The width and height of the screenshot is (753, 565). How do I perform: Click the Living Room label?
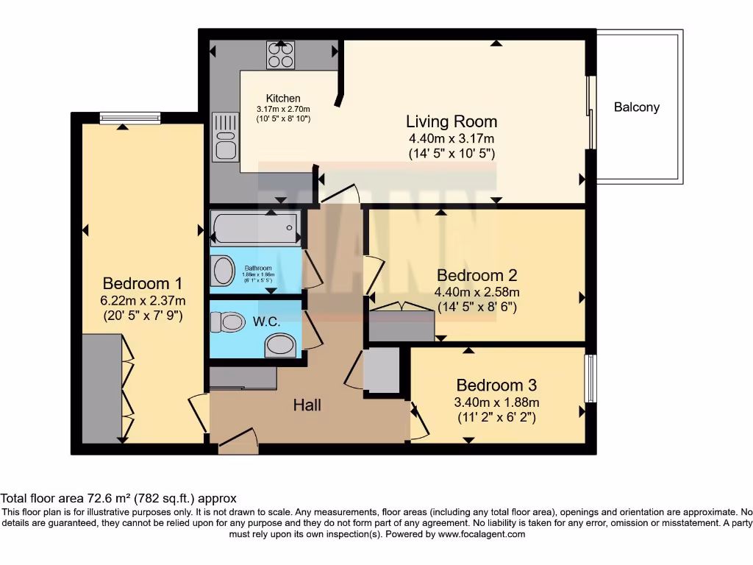click(452, 121)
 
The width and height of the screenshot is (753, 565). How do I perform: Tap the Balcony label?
click(637, 107)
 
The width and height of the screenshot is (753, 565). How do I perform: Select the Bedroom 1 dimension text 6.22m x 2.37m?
click(142, 300)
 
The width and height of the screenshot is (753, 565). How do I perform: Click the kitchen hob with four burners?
click(280, 55)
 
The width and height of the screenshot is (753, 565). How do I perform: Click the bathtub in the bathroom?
click(255, 227)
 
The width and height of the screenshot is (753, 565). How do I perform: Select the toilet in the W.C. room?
click(227, 321)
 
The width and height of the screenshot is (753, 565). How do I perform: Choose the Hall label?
click(307, 405)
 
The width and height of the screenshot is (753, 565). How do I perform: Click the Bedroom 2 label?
click(477, 275)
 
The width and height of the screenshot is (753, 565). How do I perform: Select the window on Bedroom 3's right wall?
click(590, 379)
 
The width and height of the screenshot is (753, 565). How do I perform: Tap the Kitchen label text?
click(283, 99)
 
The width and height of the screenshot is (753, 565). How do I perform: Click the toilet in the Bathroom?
click(222, 271)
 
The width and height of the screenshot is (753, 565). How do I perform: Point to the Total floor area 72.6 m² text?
click(118, 498)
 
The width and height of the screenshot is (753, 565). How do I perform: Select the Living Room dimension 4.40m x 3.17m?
click(452, 138)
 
